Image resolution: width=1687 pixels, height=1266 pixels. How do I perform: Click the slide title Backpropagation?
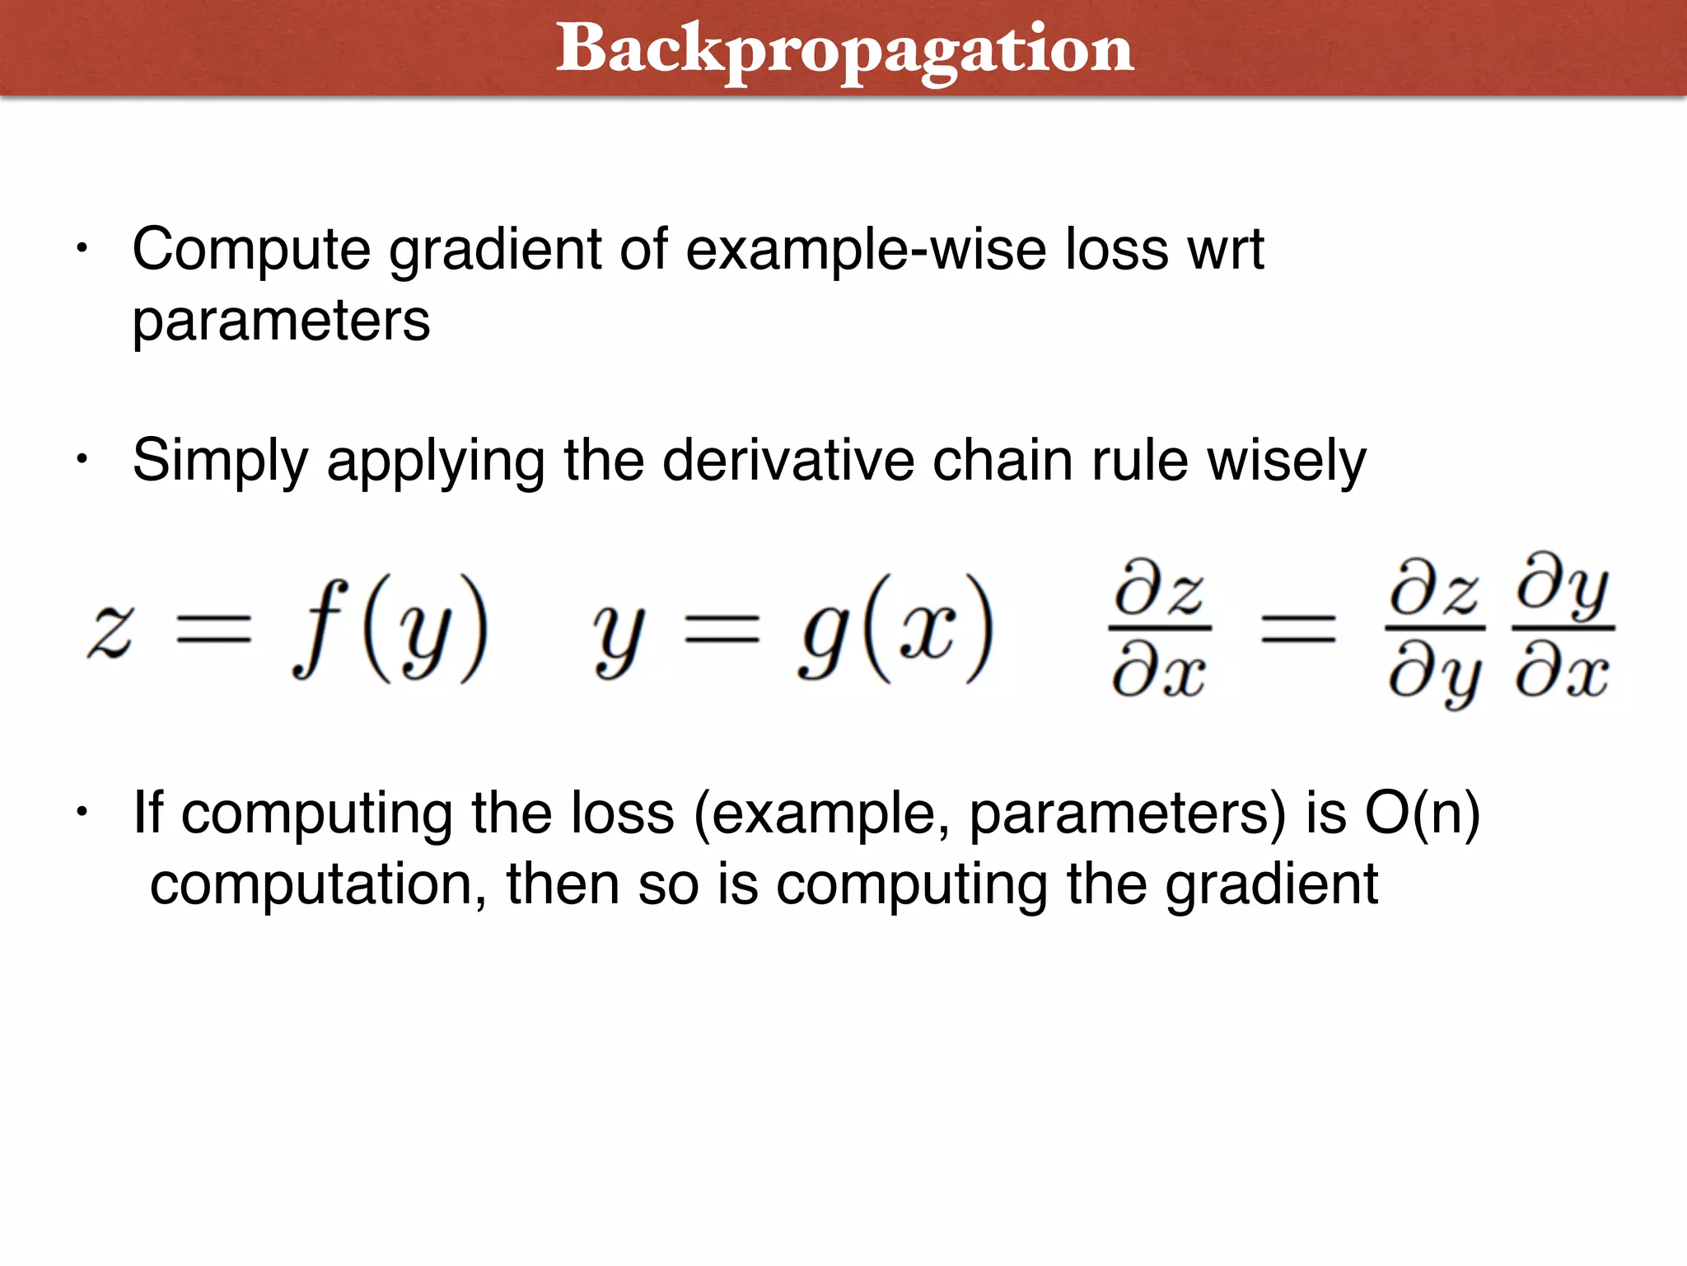pos(844,49)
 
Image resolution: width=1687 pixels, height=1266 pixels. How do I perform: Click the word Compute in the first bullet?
pos(251,249)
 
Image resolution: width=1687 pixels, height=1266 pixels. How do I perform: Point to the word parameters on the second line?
pos(281,321)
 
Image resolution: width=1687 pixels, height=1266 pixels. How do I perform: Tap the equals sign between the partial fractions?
pos(1299,630)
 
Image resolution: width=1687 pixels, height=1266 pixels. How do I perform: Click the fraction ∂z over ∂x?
pos(1160,630)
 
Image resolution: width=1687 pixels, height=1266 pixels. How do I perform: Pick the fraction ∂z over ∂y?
pos(1435,630)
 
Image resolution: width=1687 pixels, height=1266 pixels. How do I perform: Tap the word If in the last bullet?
pos(148,813)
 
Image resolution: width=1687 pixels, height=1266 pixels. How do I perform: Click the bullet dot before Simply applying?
pos(81,459)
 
